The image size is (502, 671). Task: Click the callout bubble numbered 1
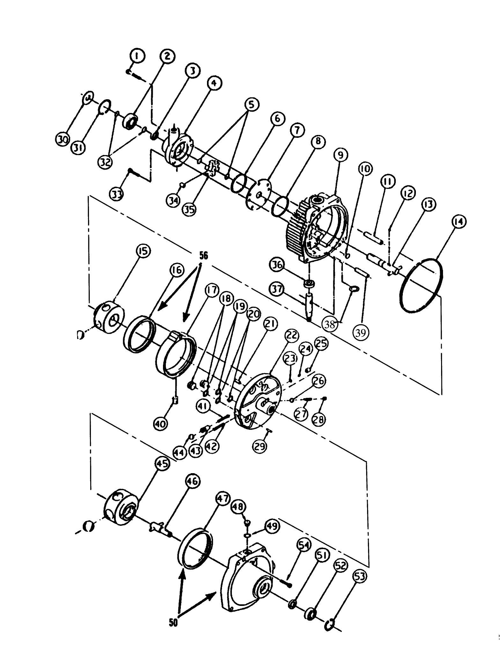tap(137, 56)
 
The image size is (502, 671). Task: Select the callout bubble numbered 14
tap(458, 222)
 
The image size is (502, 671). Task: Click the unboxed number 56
tap(203, 256)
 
